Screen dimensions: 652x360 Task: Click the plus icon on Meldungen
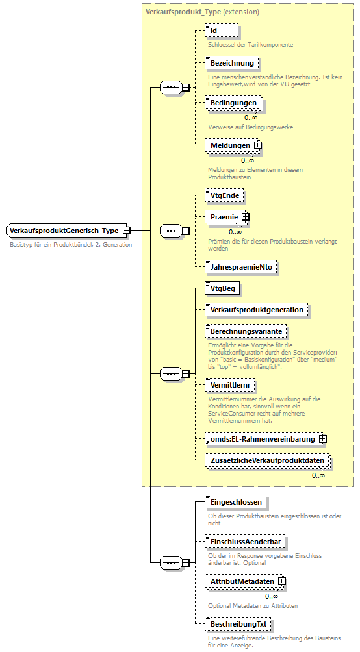(258, 145)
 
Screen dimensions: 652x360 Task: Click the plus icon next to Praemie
(246, 216)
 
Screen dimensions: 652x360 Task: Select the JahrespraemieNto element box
(241, 266)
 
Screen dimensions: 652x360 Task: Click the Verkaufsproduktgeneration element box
(256, 310)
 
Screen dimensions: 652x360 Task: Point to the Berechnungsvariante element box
(246, 331)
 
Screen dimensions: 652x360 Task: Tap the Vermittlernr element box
(230, 385)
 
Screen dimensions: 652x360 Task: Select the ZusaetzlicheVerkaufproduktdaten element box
(267, 461)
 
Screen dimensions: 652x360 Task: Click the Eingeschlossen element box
(236, 502)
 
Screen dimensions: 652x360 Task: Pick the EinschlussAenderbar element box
(245, 541)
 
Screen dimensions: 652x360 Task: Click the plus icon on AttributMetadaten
(282, 581)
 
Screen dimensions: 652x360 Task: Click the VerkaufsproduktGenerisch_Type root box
(64, 230)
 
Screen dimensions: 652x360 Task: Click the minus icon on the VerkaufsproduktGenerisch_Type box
(127, 230)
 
